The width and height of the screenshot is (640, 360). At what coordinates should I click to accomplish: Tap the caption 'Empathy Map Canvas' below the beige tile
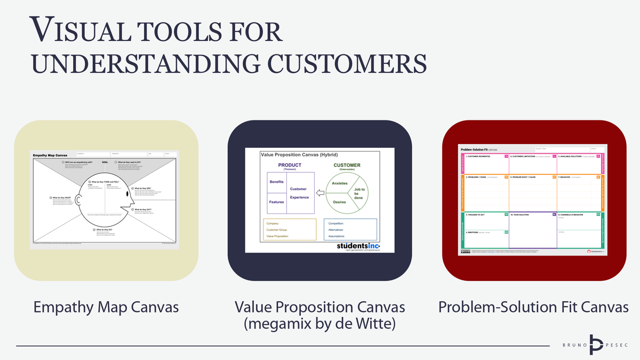106,308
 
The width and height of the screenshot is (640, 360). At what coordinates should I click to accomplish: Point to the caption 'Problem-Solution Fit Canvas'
533,308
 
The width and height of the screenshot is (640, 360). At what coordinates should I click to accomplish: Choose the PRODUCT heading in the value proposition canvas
290,165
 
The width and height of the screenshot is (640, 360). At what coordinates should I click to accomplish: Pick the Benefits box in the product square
277,182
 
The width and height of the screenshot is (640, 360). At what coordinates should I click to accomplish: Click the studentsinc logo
358,245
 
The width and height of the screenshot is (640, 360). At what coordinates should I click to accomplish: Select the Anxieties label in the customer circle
340,183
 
